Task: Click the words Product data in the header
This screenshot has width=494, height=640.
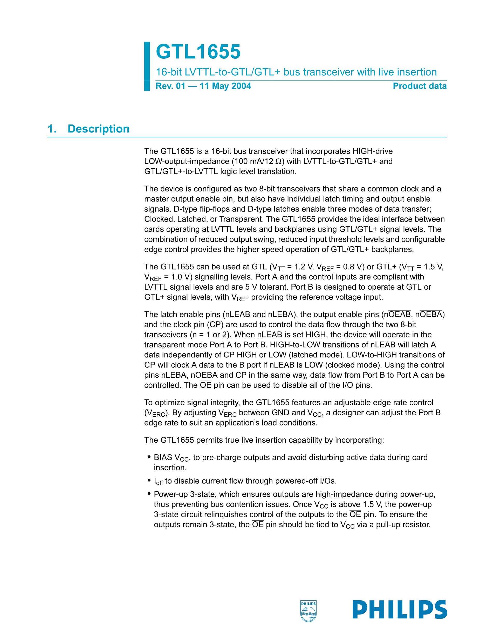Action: coord(419,86)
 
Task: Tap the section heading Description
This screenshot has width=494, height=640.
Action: coord(98,129)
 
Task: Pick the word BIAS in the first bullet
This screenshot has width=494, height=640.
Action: coord(163,457)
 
